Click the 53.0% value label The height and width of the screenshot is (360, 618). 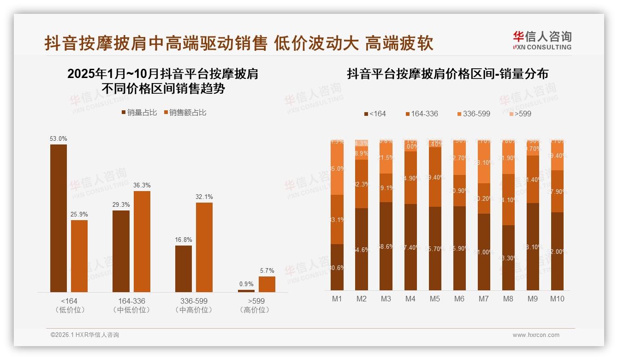59,138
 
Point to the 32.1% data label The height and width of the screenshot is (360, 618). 204,197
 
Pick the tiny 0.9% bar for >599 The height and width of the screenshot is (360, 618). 246,291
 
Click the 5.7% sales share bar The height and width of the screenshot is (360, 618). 267,284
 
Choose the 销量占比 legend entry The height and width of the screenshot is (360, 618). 139,113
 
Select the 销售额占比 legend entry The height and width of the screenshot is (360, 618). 185,113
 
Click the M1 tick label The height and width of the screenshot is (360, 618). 337,299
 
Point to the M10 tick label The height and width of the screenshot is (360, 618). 557,299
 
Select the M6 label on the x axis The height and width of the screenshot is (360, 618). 459,299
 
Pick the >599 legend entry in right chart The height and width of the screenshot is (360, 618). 520,114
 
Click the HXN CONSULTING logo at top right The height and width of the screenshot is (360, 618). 542,40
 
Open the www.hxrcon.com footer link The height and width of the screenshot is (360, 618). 536,335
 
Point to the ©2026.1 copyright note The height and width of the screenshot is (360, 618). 84,335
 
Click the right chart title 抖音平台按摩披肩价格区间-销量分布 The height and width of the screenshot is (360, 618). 447,74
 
